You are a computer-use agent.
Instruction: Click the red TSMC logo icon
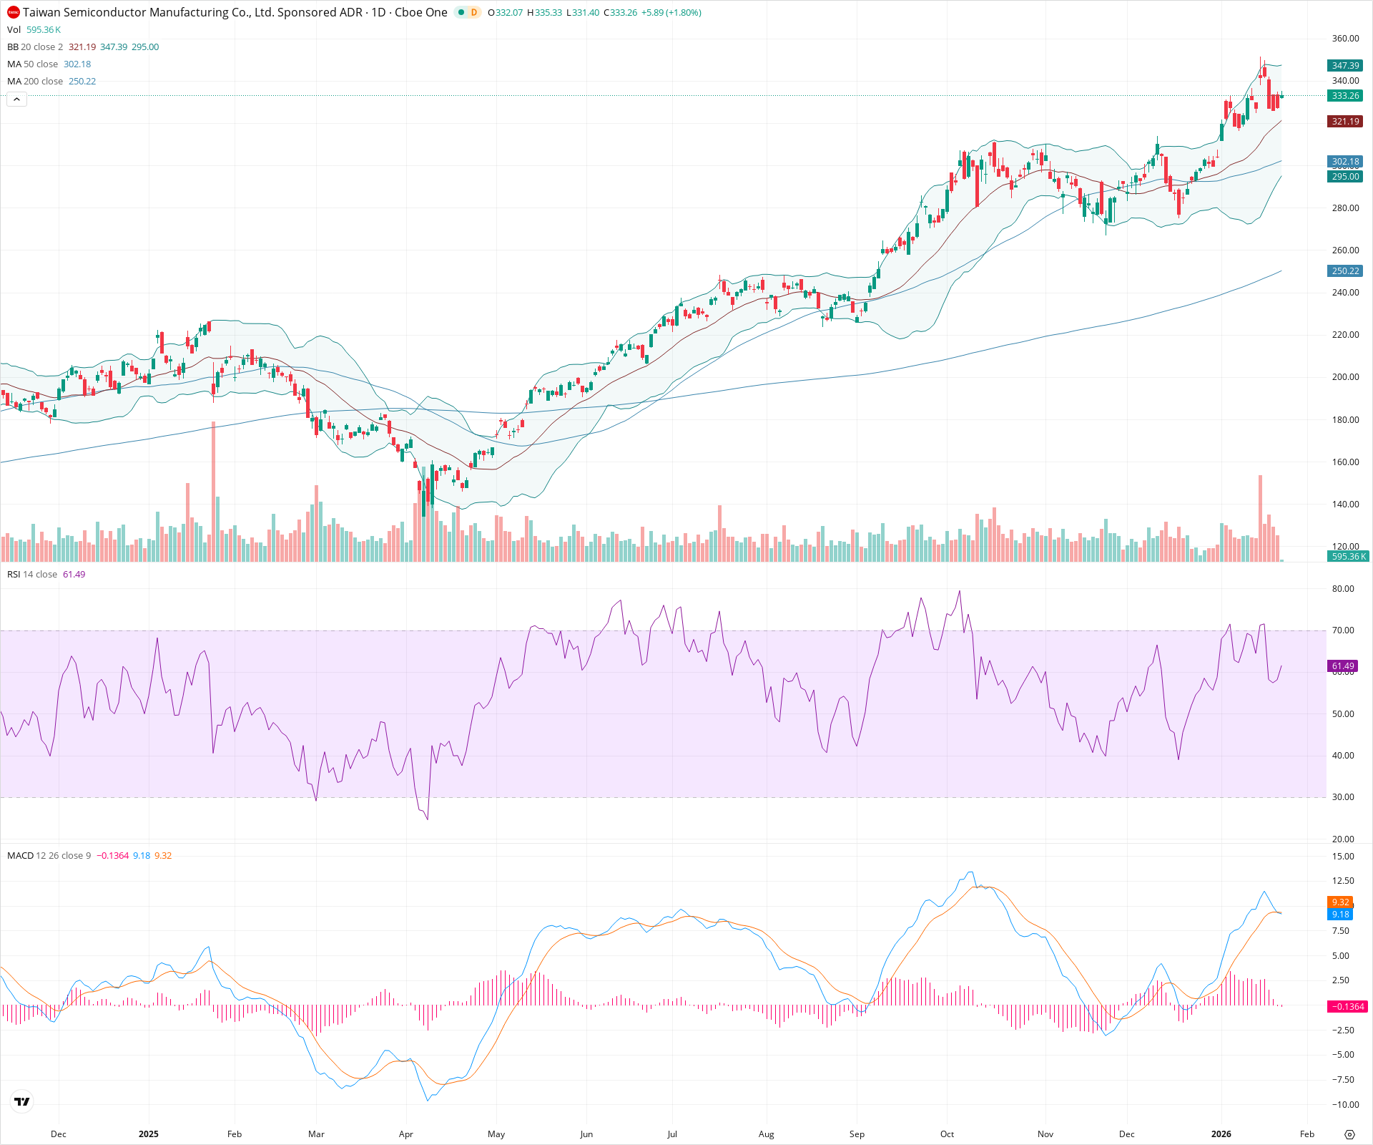point(13,12)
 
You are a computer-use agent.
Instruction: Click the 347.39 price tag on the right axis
point(1345,65)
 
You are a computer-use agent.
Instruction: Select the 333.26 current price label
point(1345,96)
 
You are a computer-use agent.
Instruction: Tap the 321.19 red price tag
point(1345,122)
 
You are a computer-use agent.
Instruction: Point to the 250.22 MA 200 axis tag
point(1345,271)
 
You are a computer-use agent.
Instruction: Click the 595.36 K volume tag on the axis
point(1348,556)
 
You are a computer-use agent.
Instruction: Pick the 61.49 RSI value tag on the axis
point(1343,666)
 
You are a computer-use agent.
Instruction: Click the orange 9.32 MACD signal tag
point(1340,902)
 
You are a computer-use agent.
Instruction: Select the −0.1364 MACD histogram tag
point(1347,1006)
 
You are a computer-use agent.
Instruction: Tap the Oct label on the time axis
point(947,1134)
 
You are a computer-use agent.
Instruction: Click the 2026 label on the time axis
point(1221,1134)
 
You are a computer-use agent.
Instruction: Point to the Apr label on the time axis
point(406,1134)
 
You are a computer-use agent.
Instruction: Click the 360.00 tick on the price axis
point(1345,39)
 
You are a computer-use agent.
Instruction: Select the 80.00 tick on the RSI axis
point(1343,589)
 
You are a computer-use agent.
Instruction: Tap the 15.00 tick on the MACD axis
point(1343,856)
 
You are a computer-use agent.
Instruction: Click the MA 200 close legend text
point(35,82)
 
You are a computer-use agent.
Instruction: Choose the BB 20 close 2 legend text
point(35,47)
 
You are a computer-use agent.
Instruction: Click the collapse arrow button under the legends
point(16,99)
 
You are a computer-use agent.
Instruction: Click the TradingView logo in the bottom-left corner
point(22,1101)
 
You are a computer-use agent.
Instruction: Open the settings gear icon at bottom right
point(1349,1134)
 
